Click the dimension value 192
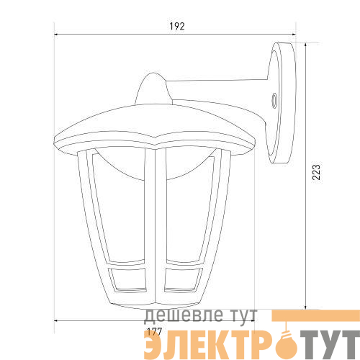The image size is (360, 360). click(x=177, y=26)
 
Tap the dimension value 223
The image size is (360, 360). click(x=316, y=172)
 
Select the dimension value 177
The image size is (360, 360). click(x=154, y=332)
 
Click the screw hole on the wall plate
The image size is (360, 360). click(x=274, y=101)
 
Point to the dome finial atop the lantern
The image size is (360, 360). click(x=153, y=89)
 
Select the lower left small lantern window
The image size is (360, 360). click(x=127, y=280)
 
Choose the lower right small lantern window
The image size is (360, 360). click(x=183, y=280)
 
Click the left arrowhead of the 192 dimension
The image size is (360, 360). click(x=56, y=35)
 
